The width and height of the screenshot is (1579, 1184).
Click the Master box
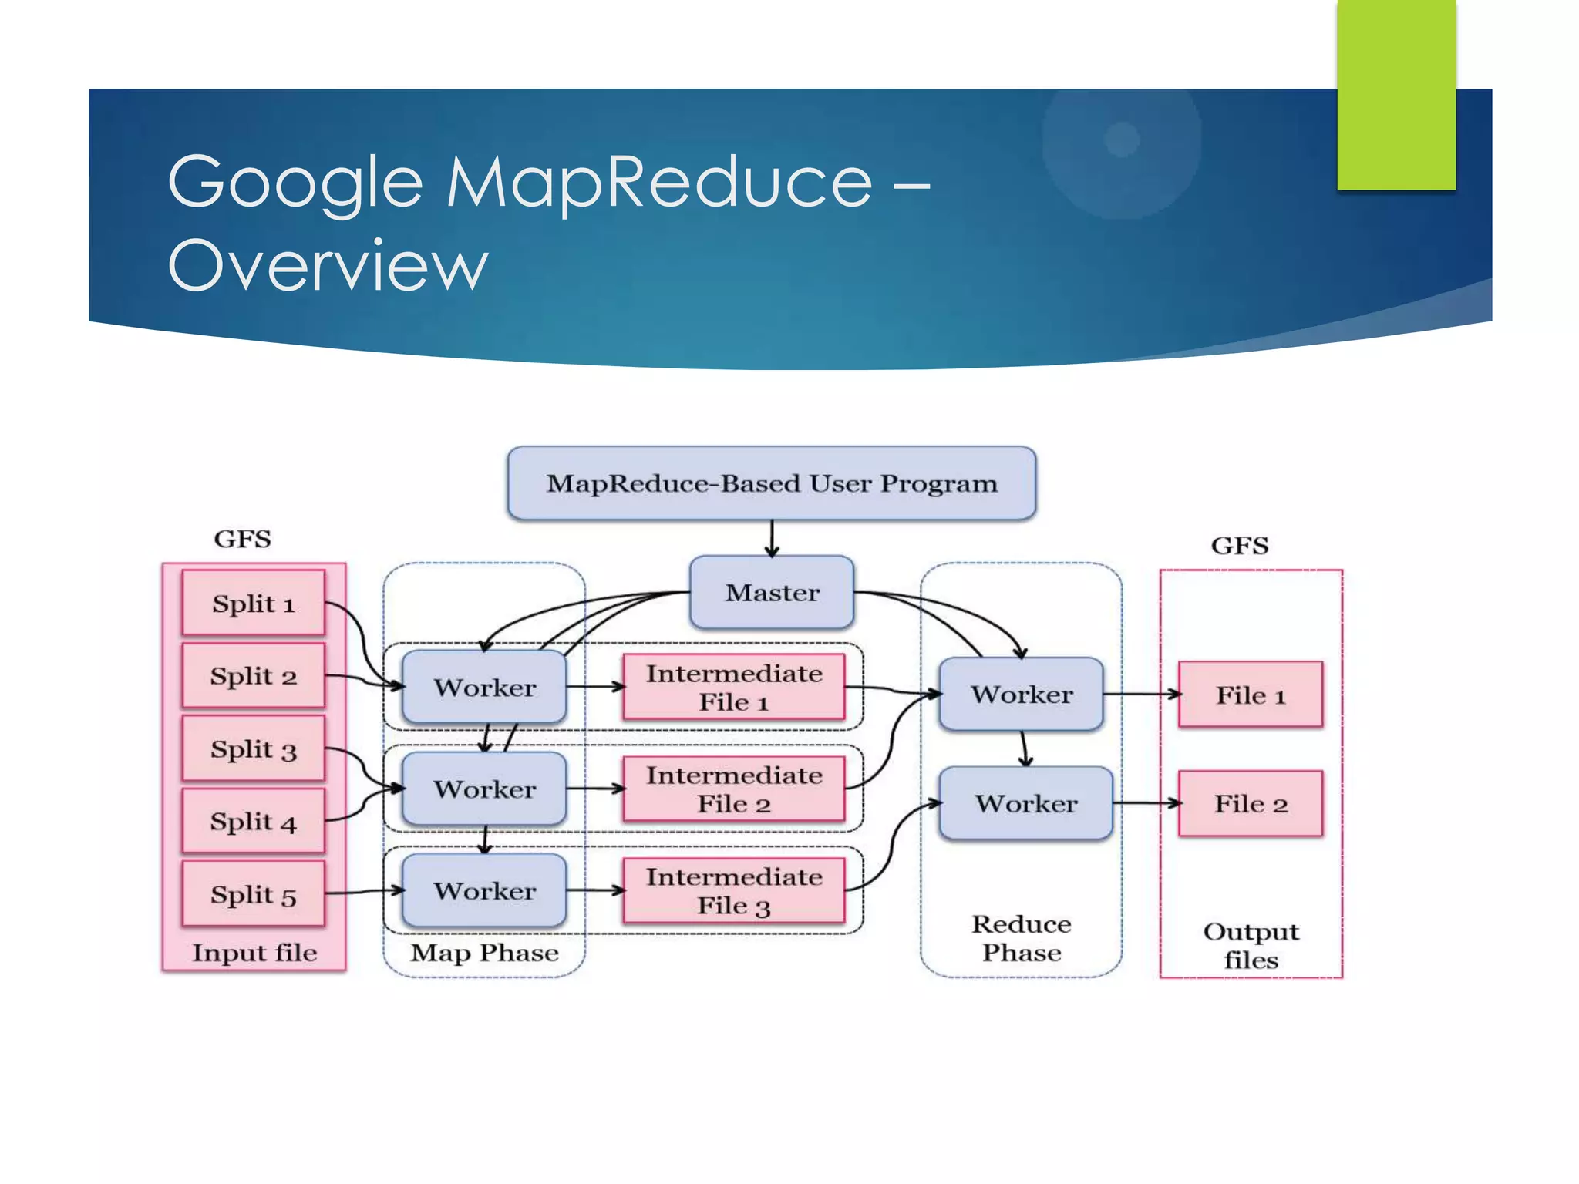(x=772, y=592)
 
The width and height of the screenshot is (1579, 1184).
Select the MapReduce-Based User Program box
(x=772, y=483)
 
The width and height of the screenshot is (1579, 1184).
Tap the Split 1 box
(x=254, y=603)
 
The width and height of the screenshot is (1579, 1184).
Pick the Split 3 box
(x=254, y=748)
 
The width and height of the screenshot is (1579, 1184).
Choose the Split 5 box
(x=254, y=894)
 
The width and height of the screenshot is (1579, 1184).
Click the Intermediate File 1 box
(x=734, y=687)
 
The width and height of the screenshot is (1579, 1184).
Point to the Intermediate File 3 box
(x=734, y=890)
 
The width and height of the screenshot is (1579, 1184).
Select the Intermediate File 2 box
(x=734, y=789)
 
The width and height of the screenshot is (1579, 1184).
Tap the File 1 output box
(x=1251, y=695)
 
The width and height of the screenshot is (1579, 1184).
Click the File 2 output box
(x=1251, y=803)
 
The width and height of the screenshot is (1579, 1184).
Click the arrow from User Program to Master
(x=772, y=538)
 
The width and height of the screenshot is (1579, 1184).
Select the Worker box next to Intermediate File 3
(x=484, y=890)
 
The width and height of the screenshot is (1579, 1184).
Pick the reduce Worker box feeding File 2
(x=1025, y=803)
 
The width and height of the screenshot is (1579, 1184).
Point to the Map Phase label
(x=484, y=953)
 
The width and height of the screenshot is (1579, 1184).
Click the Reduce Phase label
(x=1022, y=938)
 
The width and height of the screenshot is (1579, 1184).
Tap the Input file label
(x=254, y=953)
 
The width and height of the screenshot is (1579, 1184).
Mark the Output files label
(x=1251, y=946)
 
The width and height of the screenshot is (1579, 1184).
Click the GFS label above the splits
(x=242, y=539)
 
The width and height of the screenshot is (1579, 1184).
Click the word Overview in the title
(x=328, y=265)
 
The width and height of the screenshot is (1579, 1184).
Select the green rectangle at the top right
(x=1396, y=94)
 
